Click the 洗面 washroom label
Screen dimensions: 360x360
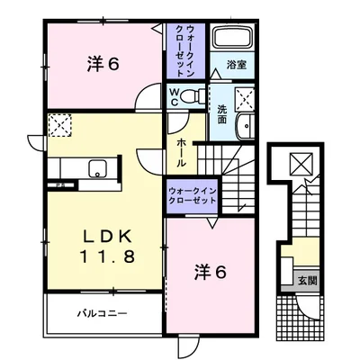pyautogui.click(x=221, y=114)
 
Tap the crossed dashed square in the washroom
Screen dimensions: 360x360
pyautogui.click(x=243, y=98)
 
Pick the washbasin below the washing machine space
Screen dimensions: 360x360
pyautogui.click(x=244, y=127)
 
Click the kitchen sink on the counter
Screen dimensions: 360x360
pyautogui.click(x=72, y=167)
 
